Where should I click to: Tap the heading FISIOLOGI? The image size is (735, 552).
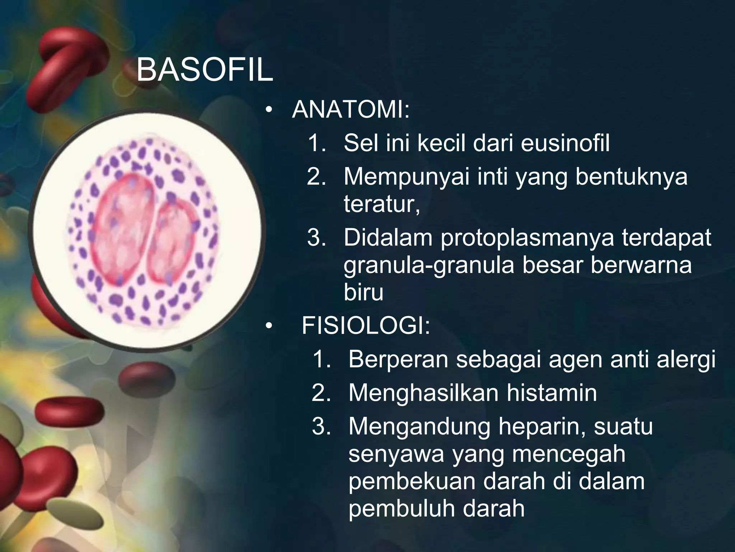point(365,326)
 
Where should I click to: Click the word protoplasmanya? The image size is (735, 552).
point(527,238)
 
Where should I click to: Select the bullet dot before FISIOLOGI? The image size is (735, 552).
point(269,326)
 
